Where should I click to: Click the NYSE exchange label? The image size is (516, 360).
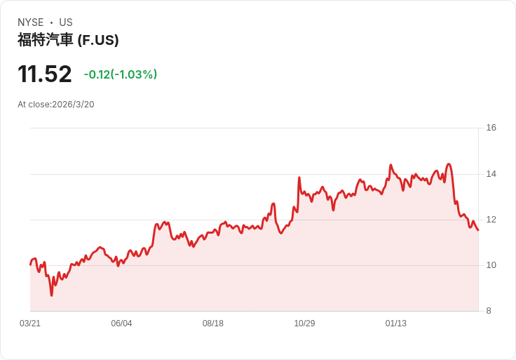click(30, 22)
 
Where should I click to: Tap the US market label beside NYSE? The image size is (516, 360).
click(66, 22)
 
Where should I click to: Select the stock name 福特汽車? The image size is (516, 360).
click(46, 40)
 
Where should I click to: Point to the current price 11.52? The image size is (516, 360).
click(45, 74)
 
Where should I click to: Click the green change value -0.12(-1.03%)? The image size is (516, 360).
click(121, 74)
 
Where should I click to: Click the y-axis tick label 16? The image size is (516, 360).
click(491, 128)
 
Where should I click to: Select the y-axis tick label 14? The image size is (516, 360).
click(491, 174)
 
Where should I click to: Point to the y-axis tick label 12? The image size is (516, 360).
click(491, 220)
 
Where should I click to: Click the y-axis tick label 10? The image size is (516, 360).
click(491, 265)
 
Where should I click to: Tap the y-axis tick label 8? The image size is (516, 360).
click(489, 311)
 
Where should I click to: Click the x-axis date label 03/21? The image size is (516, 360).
click(30, 324)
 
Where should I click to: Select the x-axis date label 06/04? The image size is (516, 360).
click(121, 324)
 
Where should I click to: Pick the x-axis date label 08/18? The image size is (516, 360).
click(213, 324)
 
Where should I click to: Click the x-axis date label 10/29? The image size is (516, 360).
click(304, 324)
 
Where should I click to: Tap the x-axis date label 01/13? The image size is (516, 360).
click(396, 324)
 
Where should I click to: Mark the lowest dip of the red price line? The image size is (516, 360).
click(51, 295)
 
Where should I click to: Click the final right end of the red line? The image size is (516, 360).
click(477, 229)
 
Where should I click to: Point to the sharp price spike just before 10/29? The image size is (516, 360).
click(299, 178)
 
